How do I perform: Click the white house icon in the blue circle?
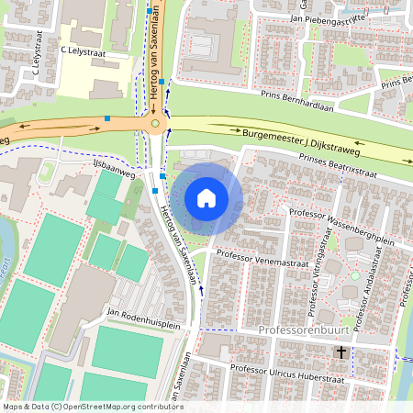pyautogui.click(x=206, y=198)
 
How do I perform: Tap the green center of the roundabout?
pyautogui.click(x=155, y=123)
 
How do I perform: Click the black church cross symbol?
pyautogui.click(x=340, y=352)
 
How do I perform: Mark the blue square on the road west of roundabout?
pyautogui.click(x=107, y=118)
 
